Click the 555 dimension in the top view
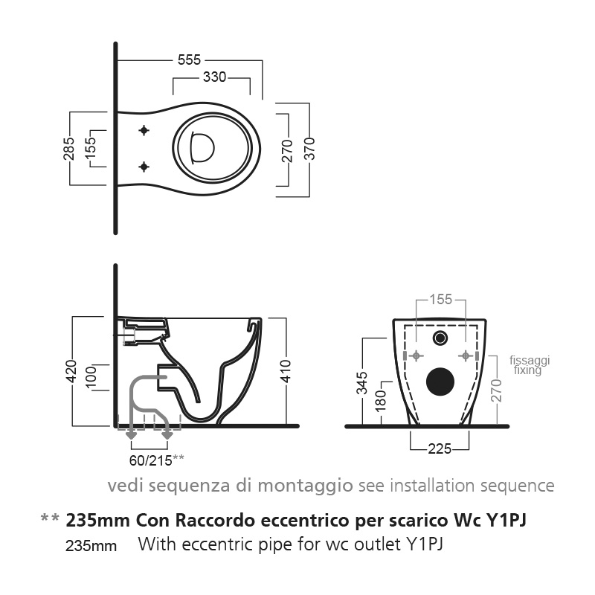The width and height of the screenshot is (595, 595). coord(189,59)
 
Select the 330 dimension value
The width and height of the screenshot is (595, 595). coord(214,77)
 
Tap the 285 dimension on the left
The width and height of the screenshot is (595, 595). coord(68,149)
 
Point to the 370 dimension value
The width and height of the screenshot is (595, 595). coord(309,149)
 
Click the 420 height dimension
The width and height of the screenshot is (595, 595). coord(71,370)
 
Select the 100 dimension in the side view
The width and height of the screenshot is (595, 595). coord(90,377)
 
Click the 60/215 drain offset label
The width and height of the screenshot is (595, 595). coord(149,460)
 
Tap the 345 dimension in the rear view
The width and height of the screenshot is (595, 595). coord(361,382)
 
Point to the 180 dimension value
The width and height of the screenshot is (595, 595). coord(380,399)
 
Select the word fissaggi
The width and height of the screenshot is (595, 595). coord(530,360)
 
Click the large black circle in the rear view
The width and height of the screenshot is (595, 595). coord(440,382)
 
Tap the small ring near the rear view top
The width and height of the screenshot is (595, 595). coord(441,338)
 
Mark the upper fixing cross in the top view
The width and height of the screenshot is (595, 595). coord(144,131)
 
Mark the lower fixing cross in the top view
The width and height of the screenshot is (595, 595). coord(144,166)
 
